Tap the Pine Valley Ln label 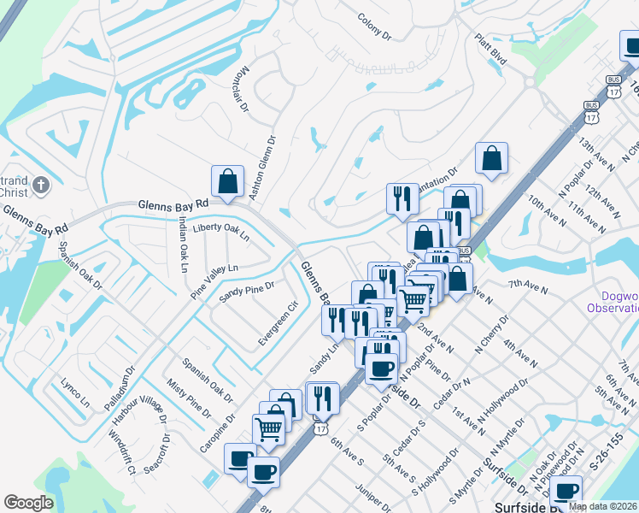(214, 280)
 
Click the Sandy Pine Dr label (246, 293)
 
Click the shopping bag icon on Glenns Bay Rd (227, 181)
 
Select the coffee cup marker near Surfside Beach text (566, 491)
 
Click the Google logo (28, 503)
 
